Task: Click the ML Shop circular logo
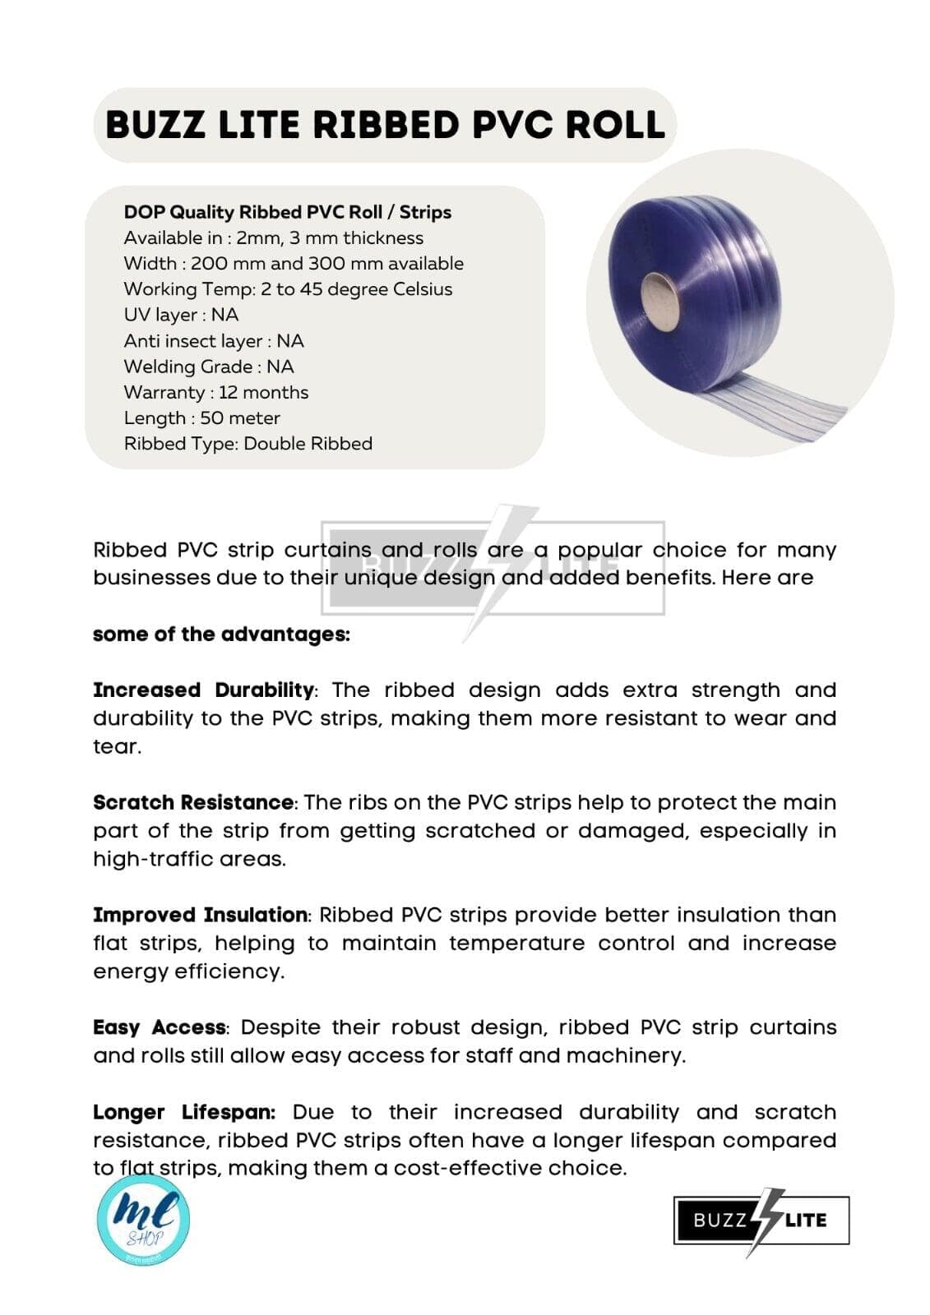tap(143, 1219)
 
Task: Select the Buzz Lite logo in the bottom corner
tap(761, 1220)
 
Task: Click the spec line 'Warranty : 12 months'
tap(216, 392)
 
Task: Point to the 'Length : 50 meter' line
tap(202, 418)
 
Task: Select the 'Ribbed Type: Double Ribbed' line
tap(248, 444)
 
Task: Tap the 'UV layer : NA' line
tap(181, 315)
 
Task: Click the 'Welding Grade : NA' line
tap(209, 367)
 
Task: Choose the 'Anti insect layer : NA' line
tap(214, 341)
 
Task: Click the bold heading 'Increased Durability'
tap(204, 690)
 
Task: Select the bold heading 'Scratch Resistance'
tap(193, 803)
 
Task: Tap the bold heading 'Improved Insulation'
tap(201, 916)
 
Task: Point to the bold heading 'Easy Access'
tap(160, 1028)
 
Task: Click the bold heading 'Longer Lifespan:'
tap(184, 1113)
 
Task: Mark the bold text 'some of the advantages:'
tap(221, 634)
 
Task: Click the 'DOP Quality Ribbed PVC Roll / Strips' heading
tap(288, 212)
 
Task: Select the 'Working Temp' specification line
tap(288, 289)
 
